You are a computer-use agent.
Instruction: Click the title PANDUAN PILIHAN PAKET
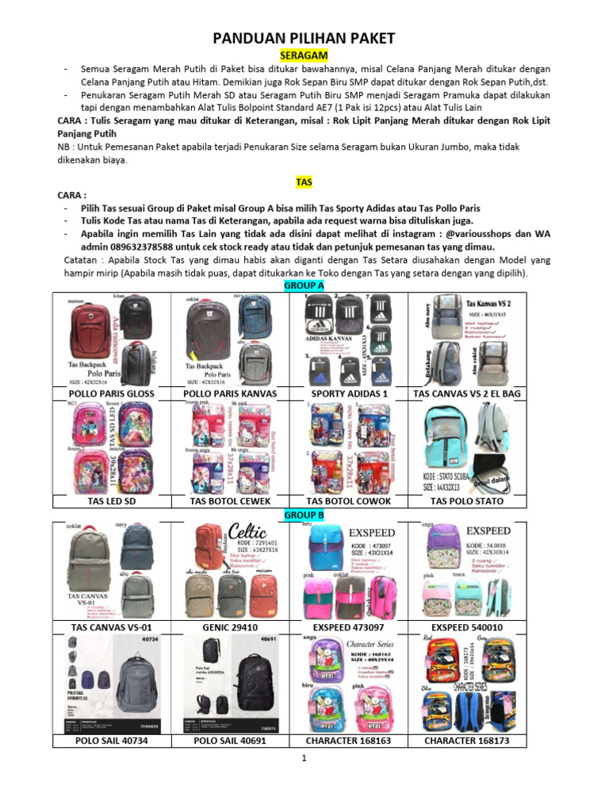pos(304,40)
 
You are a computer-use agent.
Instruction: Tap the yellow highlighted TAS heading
pos(304,182)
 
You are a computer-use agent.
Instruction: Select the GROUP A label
pos(304,285)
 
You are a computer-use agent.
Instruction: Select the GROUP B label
pos(304,515)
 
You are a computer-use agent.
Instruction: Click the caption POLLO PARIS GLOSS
pos(112,393)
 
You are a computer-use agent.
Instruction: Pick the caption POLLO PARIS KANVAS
pos(230,393)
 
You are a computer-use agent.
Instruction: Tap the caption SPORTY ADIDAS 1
pos(349,393)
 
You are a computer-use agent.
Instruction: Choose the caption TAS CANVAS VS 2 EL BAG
pos(466,393)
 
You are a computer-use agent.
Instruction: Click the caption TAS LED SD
pos(112,501)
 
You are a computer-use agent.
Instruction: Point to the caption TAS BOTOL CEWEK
pos(230,501)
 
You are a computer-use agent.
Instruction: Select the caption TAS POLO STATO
pos(466,501)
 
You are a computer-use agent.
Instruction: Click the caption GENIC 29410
pos(230,627)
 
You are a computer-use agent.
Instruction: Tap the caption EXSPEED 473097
pos(349,627)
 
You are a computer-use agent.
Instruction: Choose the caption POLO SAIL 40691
pos(230,741)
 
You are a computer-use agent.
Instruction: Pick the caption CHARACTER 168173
pos(466,741)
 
